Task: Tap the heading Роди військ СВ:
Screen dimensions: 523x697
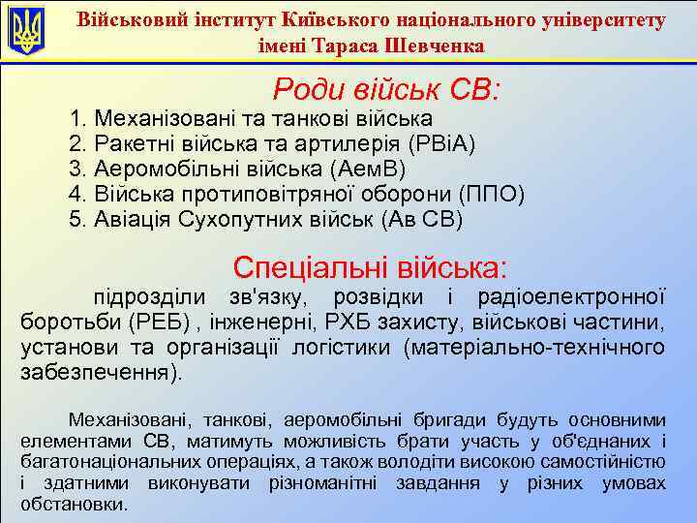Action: [x=386, y=90]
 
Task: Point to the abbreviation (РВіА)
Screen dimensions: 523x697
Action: [x=441, y=144]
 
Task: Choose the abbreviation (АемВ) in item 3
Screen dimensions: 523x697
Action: [x=358, y=169]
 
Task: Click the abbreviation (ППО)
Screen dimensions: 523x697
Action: [x=491, y=195]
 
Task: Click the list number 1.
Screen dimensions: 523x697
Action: [x=77, y=119]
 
